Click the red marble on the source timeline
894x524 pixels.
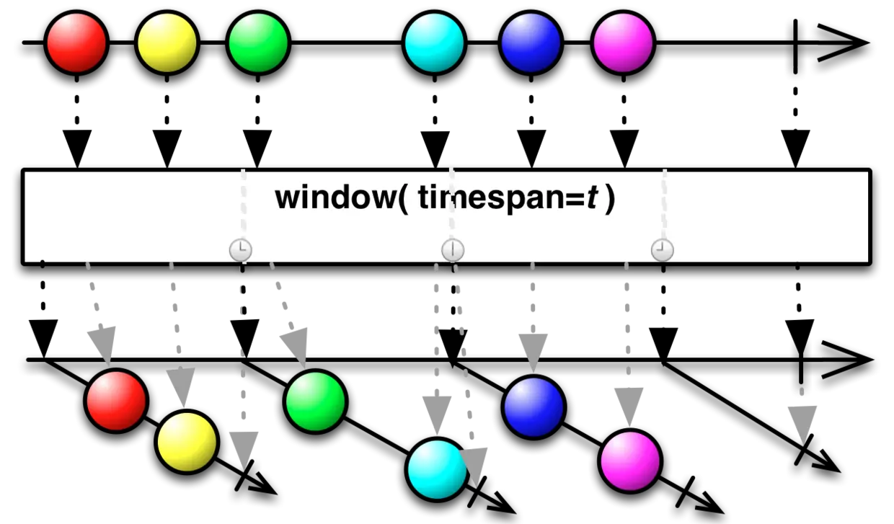click(76, 43)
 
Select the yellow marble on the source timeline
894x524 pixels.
click(167, 43)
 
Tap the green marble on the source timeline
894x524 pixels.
click(258, 43)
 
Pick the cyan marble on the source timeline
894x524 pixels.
click(434, 43)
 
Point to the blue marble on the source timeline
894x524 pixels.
click(531, 43)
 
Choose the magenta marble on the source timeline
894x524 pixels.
click(623, 43)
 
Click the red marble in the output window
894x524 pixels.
click(116, 401)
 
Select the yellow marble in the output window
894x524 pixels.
click(187, 442)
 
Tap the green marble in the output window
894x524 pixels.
click(315, 401)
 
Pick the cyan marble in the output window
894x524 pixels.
click(437, 469)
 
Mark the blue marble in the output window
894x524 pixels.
click(534, 407)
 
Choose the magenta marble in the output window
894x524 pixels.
click(630, 461)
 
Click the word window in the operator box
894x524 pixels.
click(335, 197)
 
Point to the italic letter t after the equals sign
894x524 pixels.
click(593, 198)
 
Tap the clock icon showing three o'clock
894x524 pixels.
click(241, 250)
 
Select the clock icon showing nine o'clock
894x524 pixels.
click(663, 250)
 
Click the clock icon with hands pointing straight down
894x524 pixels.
click(453, 250)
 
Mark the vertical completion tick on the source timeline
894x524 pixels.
click(795, 46)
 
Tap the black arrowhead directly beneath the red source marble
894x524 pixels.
click(77, 148)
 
